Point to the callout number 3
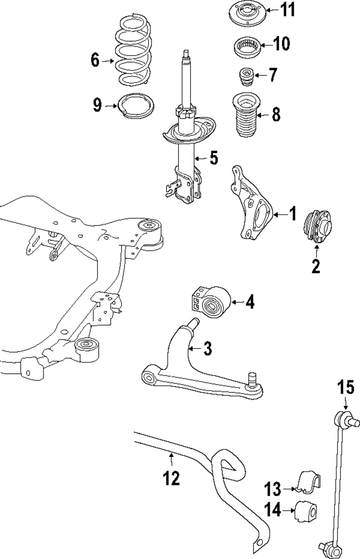click(207, 349)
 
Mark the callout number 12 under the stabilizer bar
click(171, 478)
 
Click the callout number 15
click(345, 389)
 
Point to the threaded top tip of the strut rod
click(186, 53)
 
